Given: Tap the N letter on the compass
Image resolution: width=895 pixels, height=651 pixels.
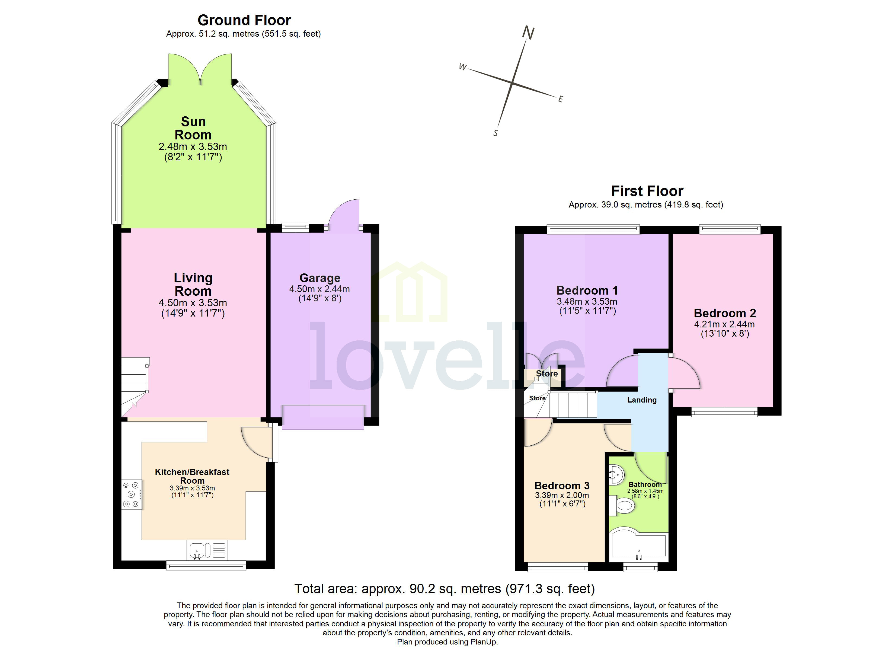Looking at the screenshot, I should [528, 33].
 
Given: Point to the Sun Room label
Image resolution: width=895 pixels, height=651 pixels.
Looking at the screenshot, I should [193, 128].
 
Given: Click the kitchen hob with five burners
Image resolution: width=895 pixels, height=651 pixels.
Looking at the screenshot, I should [132, 494].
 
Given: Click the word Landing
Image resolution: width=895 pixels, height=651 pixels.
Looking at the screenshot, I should [642, 400].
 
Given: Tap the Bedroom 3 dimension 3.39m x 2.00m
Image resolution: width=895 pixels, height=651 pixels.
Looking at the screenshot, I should [562, 495].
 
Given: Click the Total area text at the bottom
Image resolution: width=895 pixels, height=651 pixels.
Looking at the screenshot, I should [444, 589].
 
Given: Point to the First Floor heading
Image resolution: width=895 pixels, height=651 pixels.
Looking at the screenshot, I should [647, 191].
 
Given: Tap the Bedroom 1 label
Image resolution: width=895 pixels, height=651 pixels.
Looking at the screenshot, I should [587, 291].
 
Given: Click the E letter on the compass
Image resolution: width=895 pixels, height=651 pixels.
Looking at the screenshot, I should [560, 100].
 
